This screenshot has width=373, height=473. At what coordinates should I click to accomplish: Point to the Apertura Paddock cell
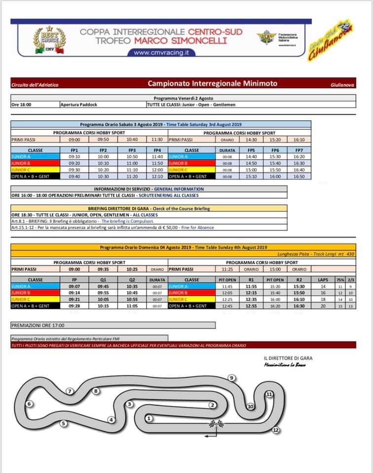click(79, 104)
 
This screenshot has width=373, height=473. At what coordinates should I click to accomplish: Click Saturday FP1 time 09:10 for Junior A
click(75, 156)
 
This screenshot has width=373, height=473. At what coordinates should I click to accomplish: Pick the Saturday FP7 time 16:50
click(299, 176)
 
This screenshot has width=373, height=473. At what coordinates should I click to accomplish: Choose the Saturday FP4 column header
click(157, 150)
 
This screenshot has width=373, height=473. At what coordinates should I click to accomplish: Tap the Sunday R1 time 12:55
click(251, 306)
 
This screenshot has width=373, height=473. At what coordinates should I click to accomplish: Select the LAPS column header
click(323, 279)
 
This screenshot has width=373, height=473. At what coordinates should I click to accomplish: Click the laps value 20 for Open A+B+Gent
click(323, 306)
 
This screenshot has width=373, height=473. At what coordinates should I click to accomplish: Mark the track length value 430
click(351, 253)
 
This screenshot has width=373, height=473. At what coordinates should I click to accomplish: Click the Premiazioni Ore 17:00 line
click(37, 325)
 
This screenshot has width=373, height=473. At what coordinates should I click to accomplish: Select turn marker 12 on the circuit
click(276, 430)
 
